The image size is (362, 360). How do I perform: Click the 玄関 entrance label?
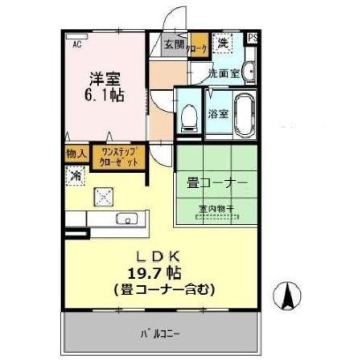(x=174, y=45)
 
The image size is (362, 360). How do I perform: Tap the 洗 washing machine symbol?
(x=223, y=43)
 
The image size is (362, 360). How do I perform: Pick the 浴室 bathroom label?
(x=217, y=113)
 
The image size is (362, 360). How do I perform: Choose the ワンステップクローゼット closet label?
(x=118, y=155)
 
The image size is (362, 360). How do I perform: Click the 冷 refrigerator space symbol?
(x=76, y=174)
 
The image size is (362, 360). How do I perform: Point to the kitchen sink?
(x=126, y=219)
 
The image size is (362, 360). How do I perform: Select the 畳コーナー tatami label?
(x=216, y=182)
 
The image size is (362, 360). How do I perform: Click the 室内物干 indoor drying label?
(x=216, y=209)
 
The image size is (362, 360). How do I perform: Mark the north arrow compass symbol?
(x=287, y=297)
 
